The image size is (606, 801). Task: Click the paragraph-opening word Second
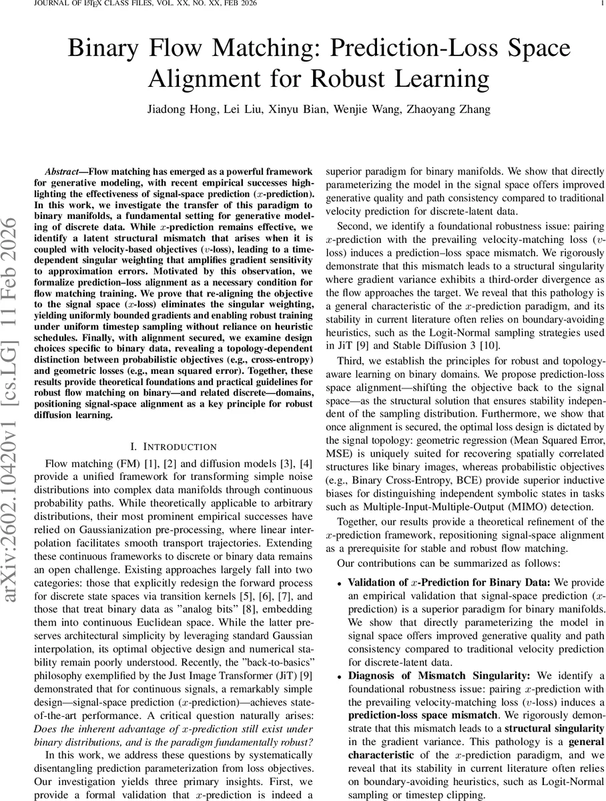(354, 226)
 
